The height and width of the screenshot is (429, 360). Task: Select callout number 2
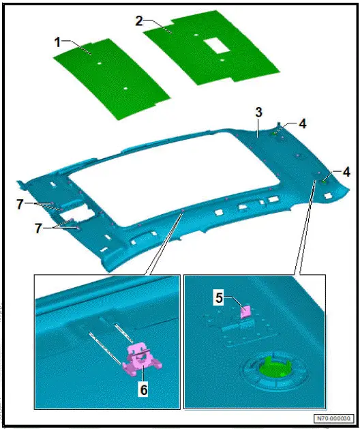[x=139, y=21]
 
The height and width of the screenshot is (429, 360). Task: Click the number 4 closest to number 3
[x=302, y=124]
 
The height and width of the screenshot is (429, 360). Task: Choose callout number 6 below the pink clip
[x=144, y=391]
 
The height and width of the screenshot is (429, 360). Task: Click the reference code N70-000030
[x=333, y=418]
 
